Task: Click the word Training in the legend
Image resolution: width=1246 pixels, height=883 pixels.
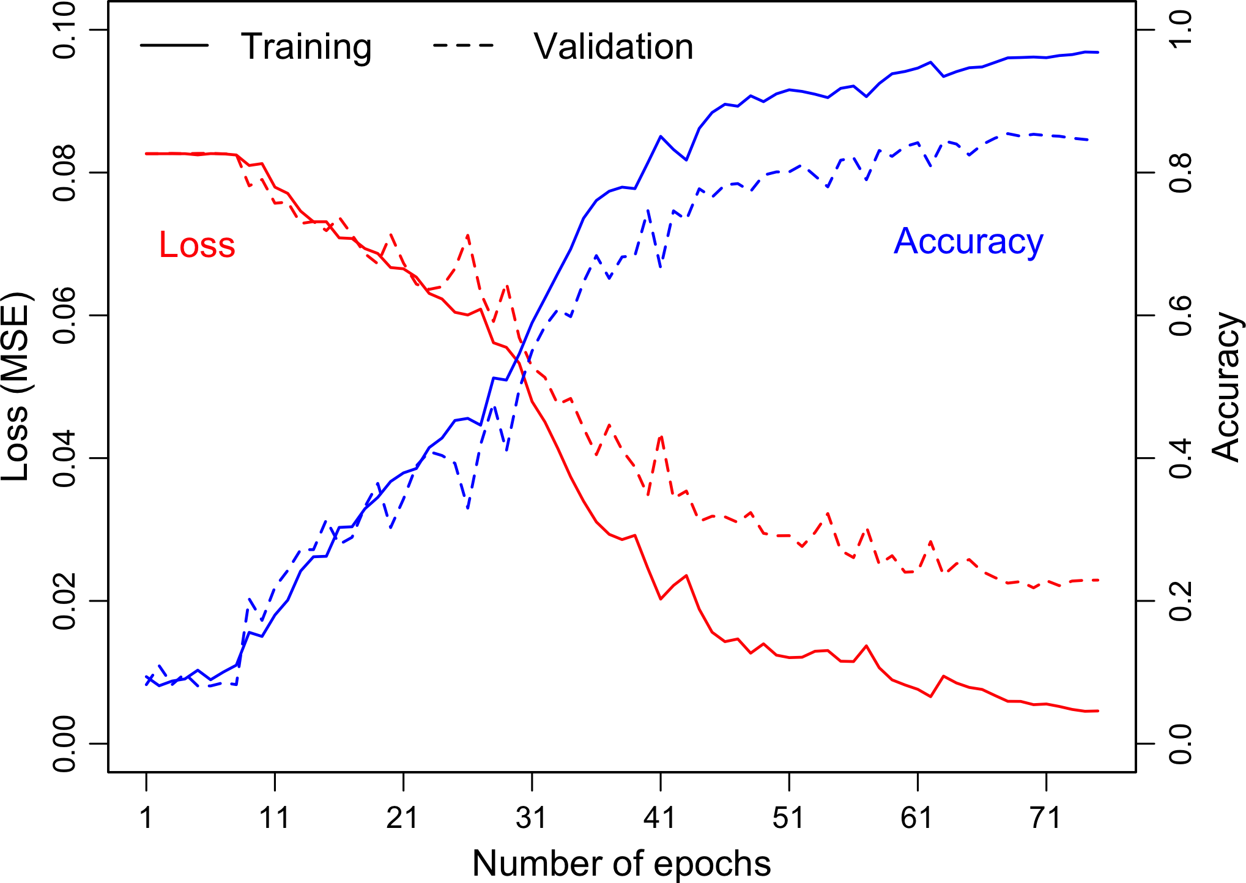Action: [x=306, y=47]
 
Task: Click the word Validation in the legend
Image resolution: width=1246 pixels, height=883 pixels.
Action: [x=614, y=47]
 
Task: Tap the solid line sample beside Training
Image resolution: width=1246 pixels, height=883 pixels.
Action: [x=174, y=45]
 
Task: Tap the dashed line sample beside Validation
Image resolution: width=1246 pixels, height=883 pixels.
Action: [x=463, y=45]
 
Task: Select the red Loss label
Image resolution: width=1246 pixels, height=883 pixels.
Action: [x=197, y=245]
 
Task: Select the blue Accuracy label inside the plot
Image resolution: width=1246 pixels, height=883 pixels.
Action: [x=968, y=242]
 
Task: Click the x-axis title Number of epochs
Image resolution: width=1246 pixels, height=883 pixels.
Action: [x=621, y=863]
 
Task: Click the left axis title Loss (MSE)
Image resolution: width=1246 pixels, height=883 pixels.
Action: [x=16, y=387]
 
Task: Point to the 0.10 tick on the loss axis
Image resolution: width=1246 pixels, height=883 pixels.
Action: [x=65, y=31]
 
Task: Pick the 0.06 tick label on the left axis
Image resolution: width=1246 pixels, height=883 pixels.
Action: [x=65, y=316]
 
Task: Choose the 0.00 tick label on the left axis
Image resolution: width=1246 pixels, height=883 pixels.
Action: [x=65, y=743]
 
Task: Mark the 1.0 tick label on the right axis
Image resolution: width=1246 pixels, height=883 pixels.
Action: [x=1181, y=31]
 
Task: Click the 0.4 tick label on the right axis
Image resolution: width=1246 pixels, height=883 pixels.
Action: [x=1181, y=458]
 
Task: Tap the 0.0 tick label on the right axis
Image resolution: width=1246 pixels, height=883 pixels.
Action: [x=1181, y=743]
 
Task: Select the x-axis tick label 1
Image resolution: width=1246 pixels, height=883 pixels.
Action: [x=146, y=818]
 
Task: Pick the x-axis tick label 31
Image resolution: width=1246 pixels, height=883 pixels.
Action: [x=532, y=818]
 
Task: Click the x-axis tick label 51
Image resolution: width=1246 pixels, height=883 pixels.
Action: [x=789, y=818]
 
